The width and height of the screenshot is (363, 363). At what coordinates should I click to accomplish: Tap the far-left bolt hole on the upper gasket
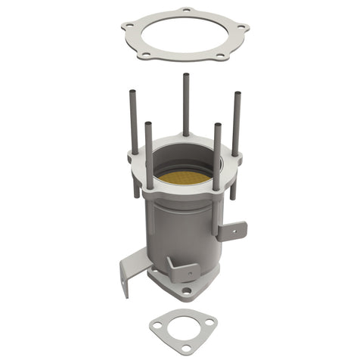[129, 25]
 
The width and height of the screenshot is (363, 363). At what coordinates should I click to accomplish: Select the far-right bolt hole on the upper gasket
[241, 28]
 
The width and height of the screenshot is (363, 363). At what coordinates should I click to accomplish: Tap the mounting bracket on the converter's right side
[231, 230]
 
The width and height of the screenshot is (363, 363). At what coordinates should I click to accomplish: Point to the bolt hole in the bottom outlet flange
[186, 290]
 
